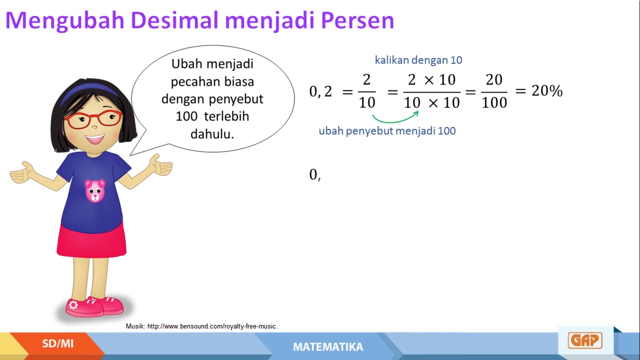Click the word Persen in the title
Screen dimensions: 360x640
pos(357,20)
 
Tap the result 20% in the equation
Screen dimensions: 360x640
pos(546,91)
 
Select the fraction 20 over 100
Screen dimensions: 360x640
pos(494,91)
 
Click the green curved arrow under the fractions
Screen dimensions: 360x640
pos(395,118)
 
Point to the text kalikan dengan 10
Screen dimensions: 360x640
pos(418,60)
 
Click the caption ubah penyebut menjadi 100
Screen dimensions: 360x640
pos(387,131)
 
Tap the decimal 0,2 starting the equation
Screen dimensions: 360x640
pos(320,91)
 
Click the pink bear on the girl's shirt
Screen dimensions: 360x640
pos(94,190)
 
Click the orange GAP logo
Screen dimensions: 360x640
pos(584,340)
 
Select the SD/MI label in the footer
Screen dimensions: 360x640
pos(57,343)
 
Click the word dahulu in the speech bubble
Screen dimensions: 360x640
pos(212,134)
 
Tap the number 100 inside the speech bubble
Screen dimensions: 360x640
pos(186,116)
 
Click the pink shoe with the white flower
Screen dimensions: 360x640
pos(80,306)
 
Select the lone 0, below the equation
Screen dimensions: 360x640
pos(315,174)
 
